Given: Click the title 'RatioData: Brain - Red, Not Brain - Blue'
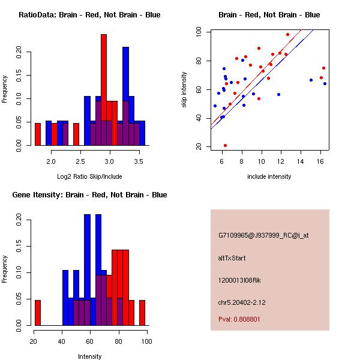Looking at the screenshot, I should point(89,14).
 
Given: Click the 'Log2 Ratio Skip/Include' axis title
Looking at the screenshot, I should point(89,176).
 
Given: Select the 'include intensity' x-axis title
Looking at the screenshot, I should point(269,176).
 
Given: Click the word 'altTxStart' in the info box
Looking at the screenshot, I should point(232,258).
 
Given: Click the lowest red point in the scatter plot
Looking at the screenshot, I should point(225,145).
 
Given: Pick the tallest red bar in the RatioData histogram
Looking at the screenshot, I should point(104,90).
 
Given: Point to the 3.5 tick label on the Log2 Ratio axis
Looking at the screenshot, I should point(139,161).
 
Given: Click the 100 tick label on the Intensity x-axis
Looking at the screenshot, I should point(146,341).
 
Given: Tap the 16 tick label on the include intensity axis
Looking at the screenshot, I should point(320,161).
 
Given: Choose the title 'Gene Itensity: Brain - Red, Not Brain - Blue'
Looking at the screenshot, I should point(89,195).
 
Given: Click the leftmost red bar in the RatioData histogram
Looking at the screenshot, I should point(38,134).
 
